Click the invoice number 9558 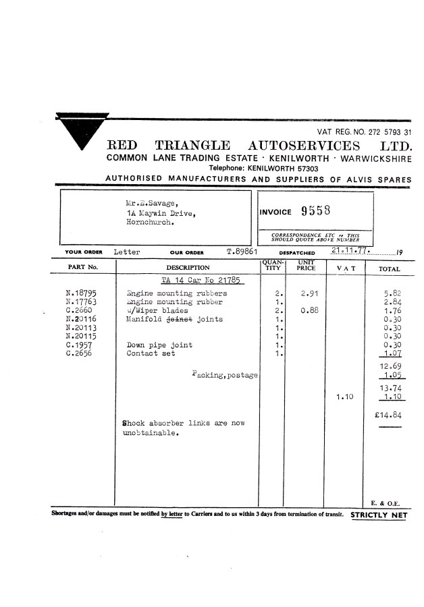click(x=316, y=212)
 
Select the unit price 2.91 click(x=309, y=294)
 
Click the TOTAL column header click(x=390, y=269)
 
